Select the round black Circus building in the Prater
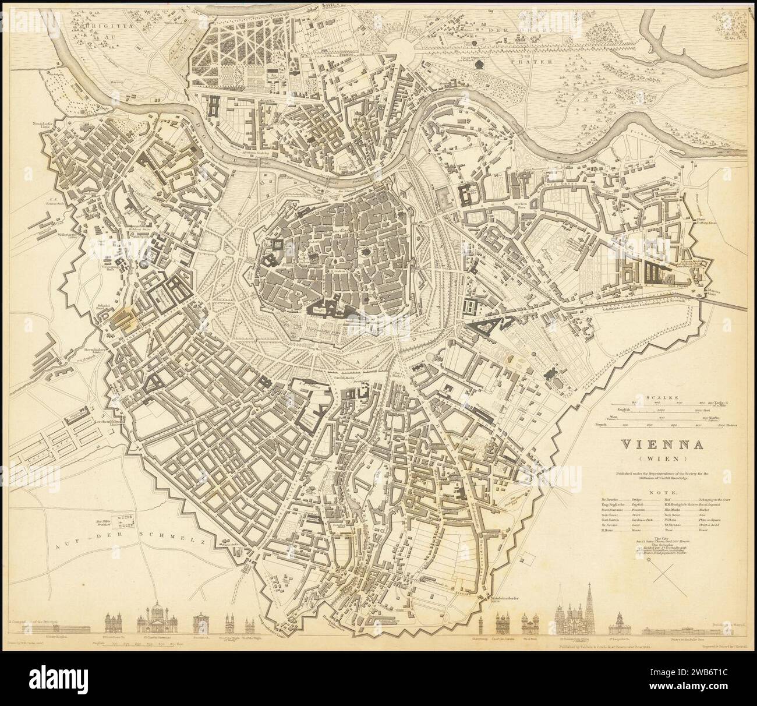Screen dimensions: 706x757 (479, 65)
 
